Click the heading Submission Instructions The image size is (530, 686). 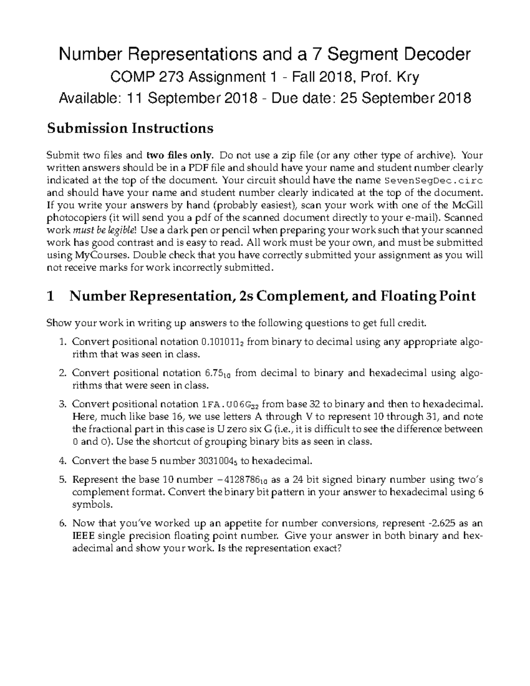pos(130,128)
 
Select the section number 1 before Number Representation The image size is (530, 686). pos(50,296)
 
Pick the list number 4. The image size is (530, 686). pos(62,461)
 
